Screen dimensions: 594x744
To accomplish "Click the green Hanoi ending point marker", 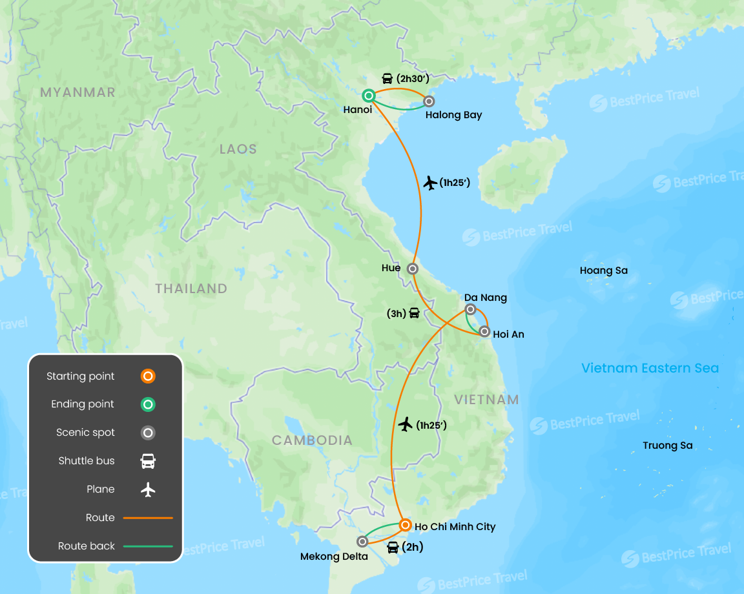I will (368, 96).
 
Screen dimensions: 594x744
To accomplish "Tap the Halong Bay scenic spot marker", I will (428, 101).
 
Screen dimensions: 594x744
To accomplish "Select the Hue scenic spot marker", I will (413, 268).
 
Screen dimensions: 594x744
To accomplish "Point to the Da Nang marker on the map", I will (471, 309).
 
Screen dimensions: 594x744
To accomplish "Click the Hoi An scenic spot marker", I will (484, 332).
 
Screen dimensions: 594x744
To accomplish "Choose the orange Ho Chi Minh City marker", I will (404, 524).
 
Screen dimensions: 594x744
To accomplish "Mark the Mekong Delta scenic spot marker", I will (362, 542).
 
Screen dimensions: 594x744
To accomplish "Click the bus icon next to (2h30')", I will (387, 79).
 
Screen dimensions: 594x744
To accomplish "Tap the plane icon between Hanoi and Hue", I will (430, 183).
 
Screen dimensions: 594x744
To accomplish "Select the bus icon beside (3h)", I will (414, 313).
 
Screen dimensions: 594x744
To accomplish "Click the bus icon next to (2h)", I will (393, 548).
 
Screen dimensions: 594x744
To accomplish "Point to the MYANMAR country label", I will (77, 92).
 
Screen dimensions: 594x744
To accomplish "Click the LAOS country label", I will (238, 149).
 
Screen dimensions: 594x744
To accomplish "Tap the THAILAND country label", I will (191, 289).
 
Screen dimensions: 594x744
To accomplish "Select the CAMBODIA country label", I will (312, 440).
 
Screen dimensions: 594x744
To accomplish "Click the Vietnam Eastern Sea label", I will (650, 368).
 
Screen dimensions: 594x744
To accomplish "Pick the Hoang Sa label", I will (603, 271).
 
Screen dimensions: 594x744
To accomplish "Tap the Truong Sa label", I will (667, 446).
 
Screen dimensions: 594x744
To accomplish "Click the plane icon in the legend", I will (148, 489).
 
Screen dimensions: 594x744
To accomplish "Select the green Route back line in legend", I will (148, 546).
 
